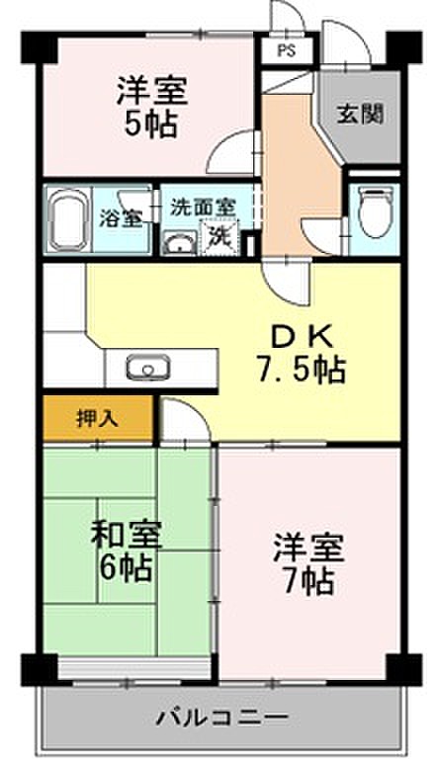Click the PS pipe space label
(x=287, y=50)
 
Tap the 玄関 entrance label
(x=361, y=115)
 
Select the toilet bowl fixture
(x=375, y=211)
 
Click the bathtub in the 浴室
(x=68, y=218)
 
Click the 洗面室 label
(x=202, y=208)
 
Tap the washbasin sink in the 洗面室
(x=179, y=242)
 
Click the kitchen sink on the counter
(x=148, y=368)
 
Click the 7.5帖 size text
(x=302, y=370)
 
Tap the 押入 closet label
(x=98, y=418)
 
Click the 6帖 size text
(x=126, y=567)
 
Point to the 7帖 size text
(x=308, y=580)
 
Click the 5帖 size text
(x=150, y=125)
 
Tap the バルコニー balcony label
(x=221, y=718)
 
